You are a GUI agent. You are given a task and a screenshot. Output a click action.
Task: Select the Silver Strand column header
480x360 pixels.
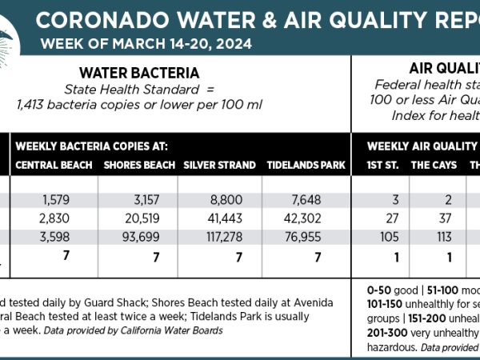pyautogui.click(x=219, y=166)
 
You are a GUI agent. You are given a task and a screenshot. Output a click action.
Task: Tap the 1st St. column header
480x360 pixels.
pyautogui.click(x=381, y=166)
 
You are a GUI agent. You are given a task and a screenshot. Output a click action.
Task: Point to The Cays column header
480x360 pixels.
pyautogui.click(x=432, y=166)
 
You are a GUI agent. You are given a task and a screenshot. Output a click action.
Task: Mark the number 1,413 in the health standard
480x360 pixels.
pyautogui.click(x=34, y=103)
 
